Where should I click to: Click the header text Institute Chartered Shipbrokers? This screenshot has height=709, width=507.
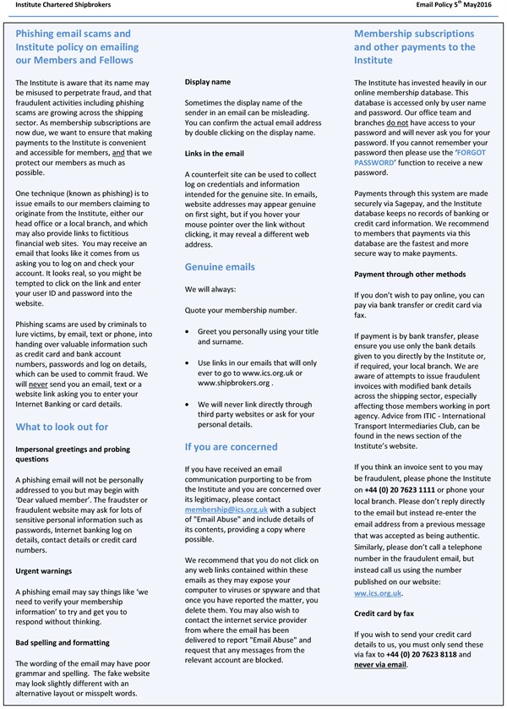coord(53,5)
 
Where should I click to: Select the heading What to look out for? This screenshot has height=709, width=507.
coord(62,426)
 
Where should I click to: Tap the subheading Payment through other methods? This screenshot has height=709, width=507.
coord(410,273)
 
